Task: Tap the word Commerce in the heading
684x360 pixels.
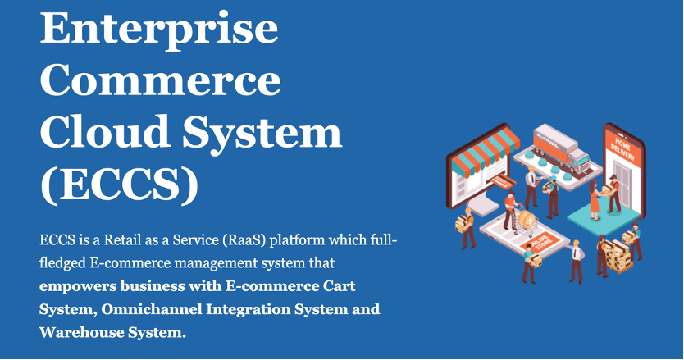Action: [x=161, y=80]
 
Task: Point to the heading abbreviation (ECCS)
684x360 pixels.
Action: [x=119, y=185]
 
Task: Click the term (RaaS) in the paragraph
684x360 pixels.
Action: [x=244, y=240]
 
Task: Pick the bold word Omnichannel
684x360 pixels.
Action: [x=152, y=309]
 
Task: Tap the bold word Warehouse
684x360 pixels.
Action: [x=81, y=332]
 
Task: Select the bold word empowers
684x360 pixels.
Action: [x=78, y=287]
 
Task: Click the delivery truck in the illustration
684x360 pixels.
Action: [x=559, y=148]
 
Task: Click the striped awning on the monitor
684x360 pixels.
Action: [x=485, y=153]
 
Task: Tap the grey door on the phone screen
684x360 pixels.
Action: [x=622, y=185]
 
